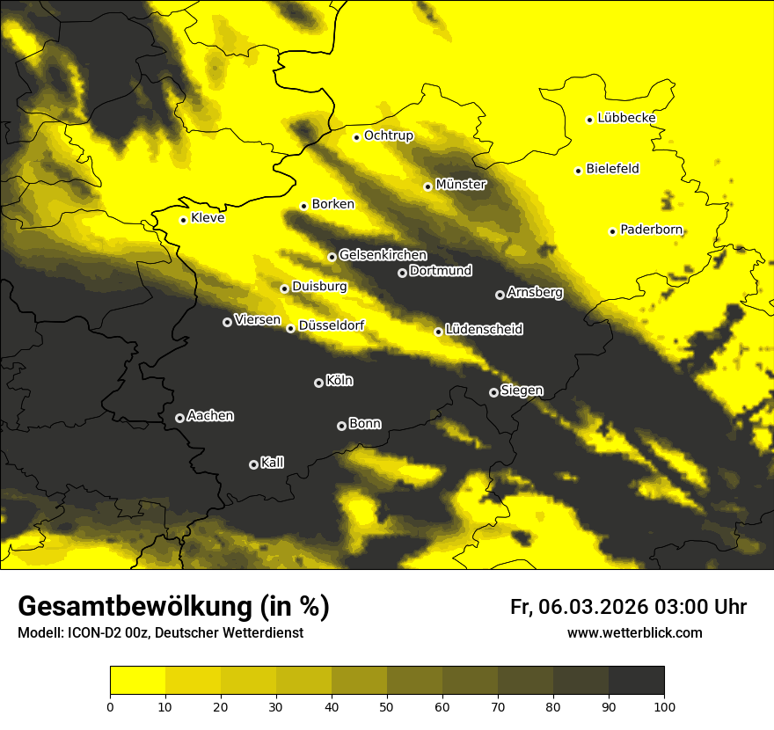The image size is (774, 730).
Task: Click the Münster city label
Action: click(461, 185)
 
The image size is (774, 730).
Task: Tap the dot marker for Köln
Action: click(318, 383)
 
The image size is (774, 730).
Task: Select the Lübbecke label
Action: click(626, 118)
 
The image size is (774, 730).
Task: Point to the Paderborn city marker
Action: click(612, 231)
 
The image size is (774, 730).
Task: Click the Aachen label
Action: click(210, 416)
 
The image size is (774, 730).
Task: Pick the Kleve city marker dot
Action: click(183, 220)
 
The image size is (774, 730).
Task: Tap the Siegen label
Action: click(522, 391)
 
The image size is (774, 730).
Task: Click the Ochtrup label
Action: click(388, 135)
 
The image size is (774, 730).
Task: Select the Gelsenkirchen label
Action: click(383, 255)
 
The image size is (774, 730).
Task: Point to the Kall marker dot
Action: click(253, 464)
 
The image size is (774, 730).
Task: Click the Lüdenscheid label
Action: click(484, 330)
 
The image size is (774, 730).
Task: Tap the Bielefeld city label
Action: click(612, 169)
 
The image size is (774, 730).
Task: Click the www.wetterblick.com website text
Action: click(634, 633)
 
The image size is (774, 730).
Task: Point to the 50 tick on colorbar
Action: click(387, 705)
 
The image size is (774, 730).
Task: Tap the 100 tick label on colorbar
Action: click(664, 705)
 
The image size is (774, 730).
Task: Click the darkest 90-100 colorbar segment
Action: click(636, 680)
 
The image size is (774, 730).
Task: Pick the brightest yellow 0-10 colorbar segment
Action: click(137, 680)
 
